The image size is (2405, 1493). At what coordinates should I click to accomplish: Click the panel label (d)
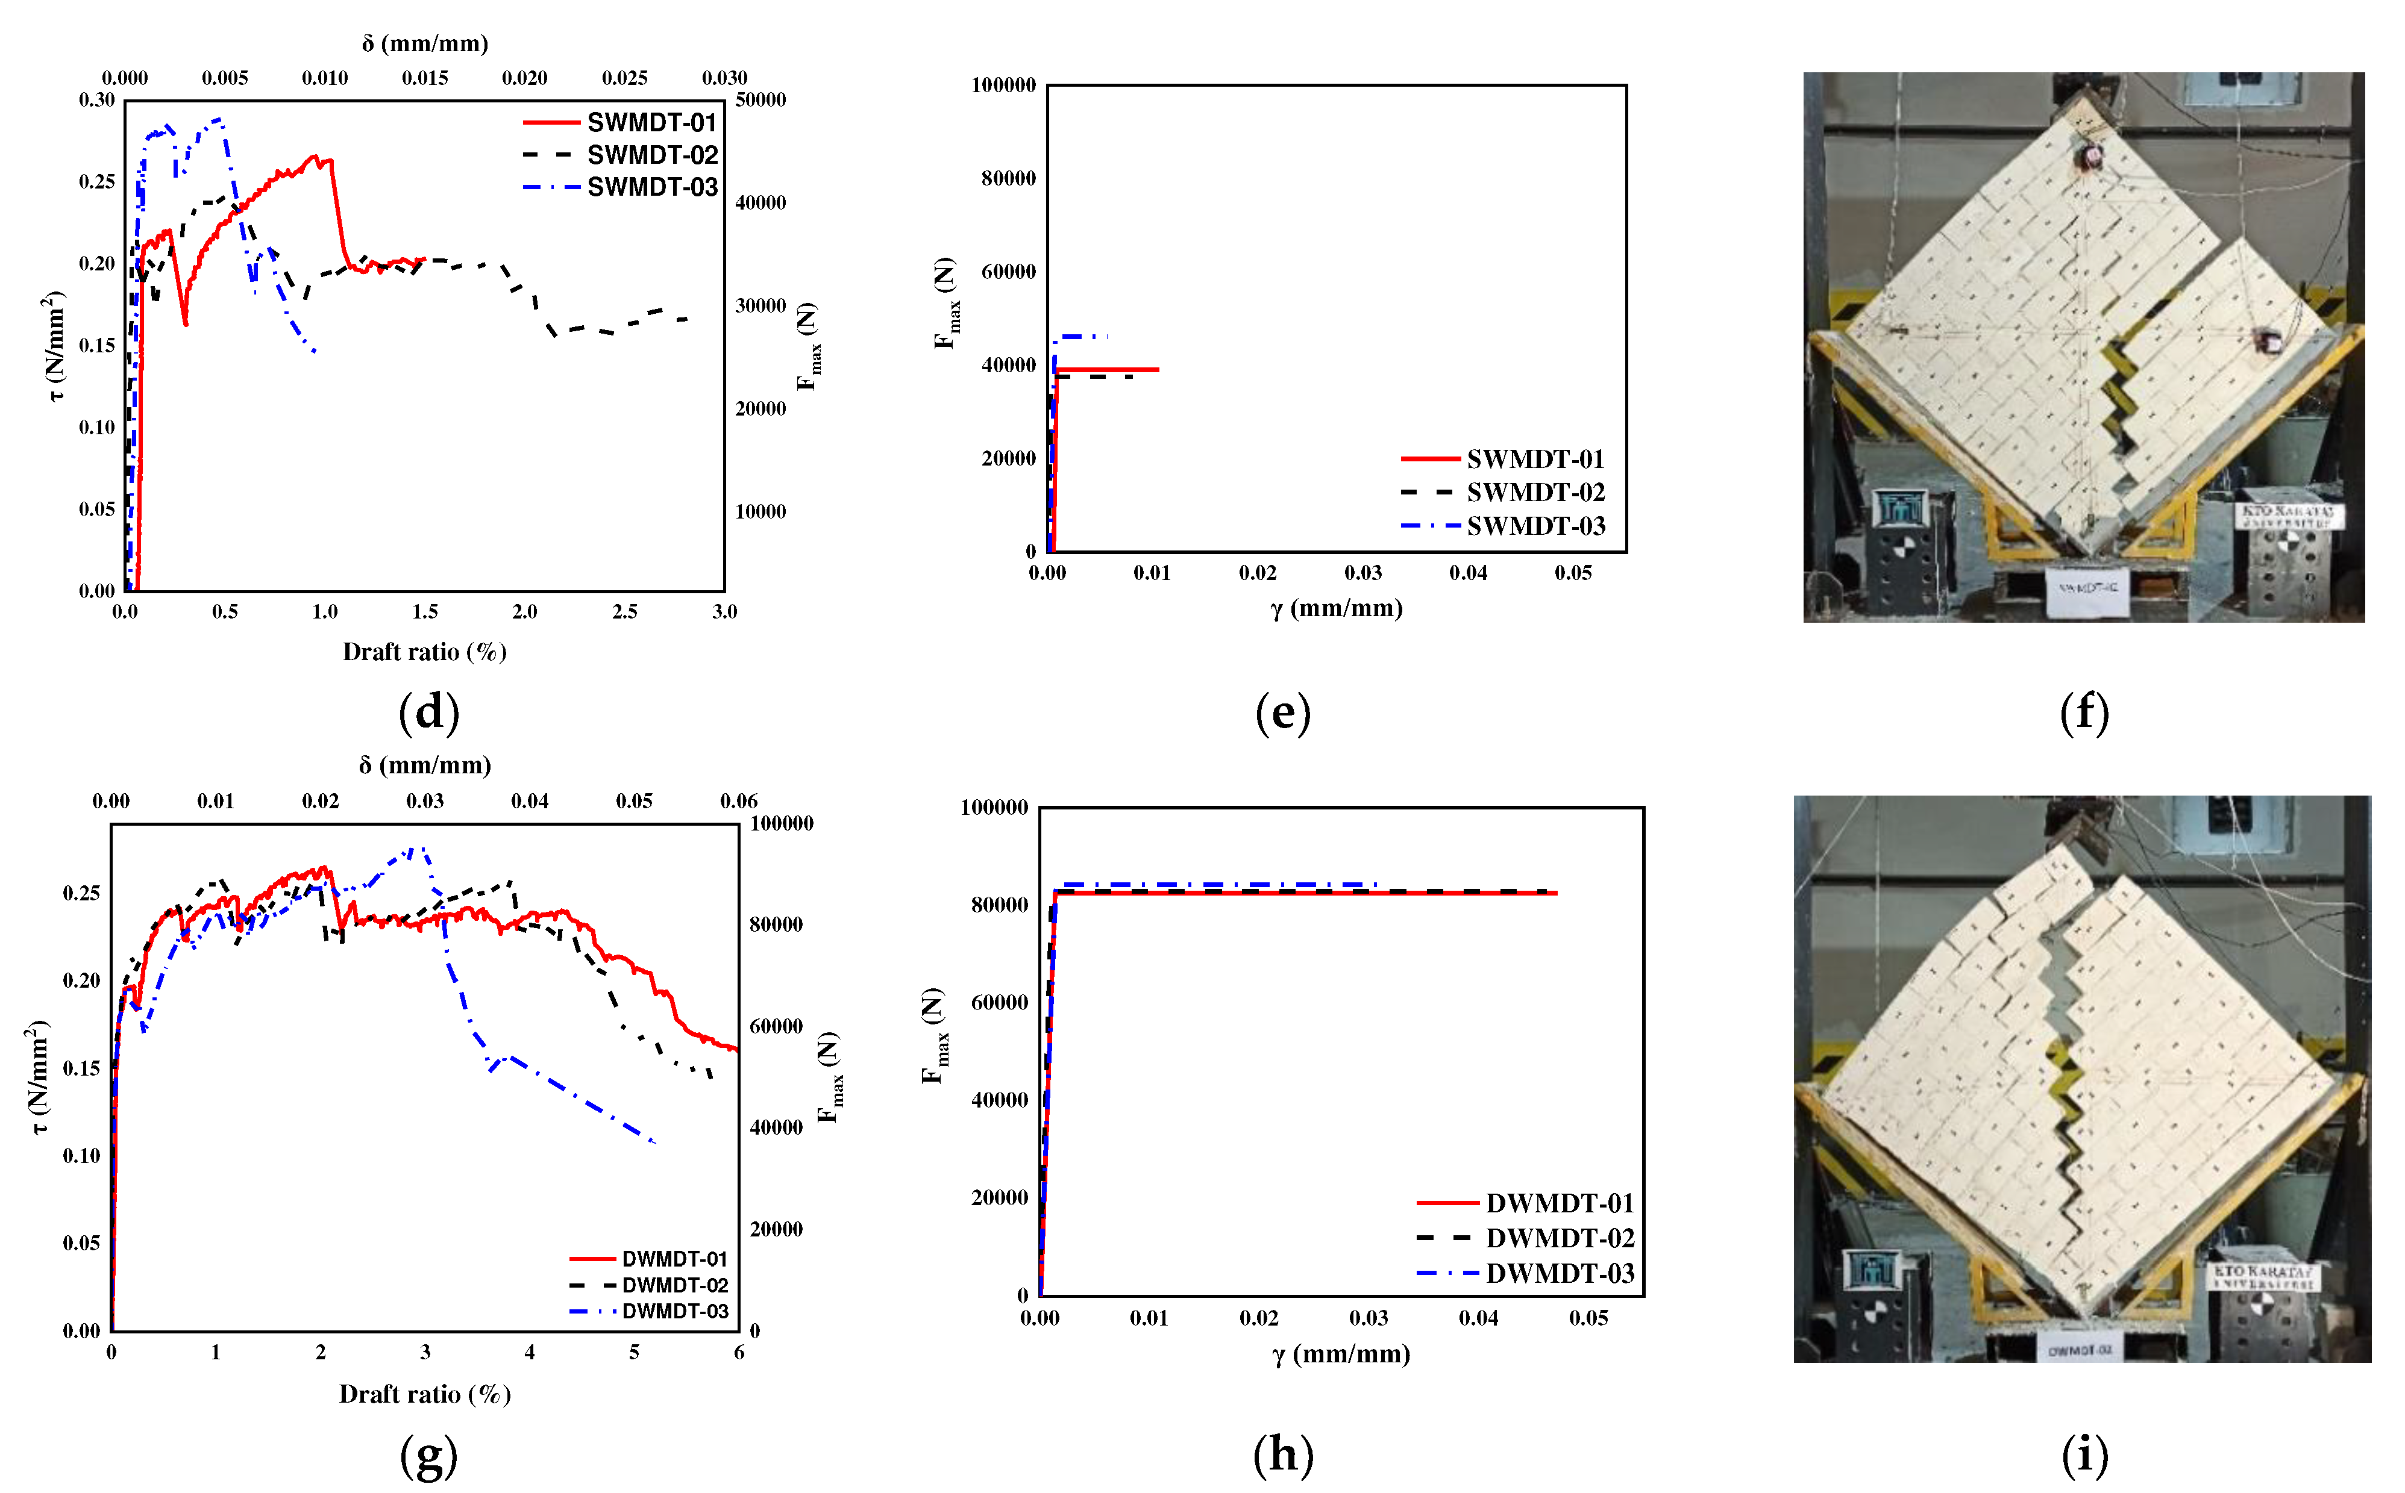point(428,712)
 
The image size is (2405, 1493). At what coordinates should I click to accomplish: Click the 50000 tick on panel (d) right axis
point(760,100)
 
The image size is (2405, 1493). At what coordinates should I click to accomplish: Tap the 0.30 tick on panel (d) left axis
point(97,100)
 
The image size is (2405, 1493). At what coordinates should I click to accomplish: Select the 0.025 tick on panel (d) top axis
point(624,78)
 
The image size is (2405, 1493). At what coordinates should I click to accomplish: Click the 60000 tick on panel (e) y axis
point(1008,272)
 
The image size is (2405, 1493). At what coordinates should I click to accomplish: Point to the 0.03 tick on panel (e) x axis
point(1363,573)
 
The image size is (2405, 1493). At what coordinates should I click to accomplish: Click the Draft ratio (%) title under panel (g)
point(425,1394)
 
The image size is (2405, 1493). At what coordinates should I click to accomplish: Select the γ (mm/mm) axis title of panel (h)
point(1340,1354)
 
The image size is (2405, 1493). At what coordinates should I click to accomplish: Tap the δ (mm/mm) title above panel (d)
point(425,43)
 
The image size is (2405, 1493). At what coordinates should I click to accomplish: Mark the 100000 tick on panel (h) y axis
point(994,808)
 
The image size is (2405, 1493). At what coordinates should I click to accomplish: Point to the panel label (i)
point(2084,1454)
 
